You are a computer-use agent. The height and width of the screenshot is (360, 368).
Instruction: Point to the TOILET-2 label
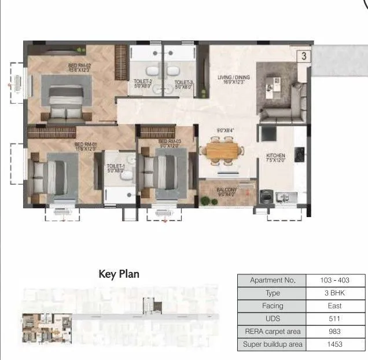pyautogui.click(x=143, y=82)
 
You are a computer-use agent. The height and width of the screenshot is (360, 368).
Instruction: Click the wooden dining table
pyautogui.click(x=222, y=151)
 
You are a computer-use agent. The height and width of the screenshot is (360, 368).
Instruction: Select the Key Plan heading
pyautogui.click(x=119, y=274)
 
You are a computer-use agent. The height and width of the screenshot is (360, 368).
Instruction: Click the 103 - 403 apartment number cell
pyautogui.click(x=334, y=280)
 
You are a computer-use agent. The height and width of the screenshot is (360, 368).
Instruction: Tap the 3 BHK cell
pyautogui.click(x=334, y=293)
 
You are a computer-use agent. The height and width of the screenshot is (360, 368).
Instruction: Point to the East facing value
pyautogui.click(x=334, y=306)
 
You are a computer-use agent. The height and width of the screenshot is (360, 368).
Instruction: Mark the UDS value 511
pyautogui.click(x=334, y=318)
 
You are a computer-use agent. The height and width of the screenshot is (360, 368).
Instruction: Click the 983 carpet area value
pyautogui.click(x=334, y=332)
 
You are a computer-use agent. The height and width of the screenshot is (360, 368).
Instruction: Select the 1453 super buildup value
pyautogui.click(x=334, y=344)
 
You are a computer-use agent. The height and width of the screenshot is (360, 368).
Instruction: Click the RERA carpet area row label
pyautogui.click(x=273, y=332)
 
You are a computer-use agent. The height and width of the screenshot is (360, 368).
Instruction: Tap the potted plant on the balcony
pyautogui.click(x=205, y=201)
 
